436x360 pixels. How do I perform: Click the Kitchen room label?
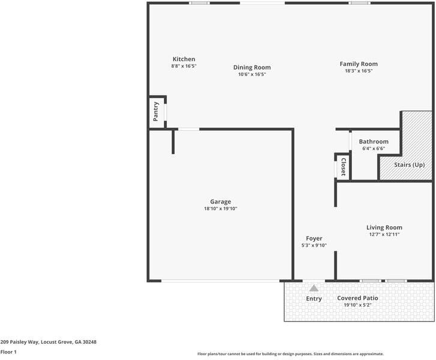(x=184, y=59)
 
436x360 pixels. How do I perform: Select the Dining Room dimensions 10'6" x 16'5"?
(x=252, y=74)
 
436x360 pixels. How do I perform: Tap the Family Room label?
(x=359, y=64)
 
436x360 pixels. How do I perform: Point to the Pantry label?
(x=156, y=112)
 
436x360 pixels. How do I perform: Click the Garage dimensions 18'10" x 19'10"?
(x=220, y=209)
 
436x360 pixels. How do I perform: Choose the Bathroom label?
(x=374, y=142)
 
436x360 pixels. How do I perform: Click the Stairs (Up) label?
(x=410, y=164)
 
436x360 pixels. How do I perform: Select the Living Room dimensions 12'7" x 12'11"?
(x=384, y=235)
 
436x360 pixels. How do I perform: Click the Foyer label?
(x=314, y=238)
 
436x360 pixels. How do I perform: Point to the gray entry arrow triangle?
(x=313, y=288)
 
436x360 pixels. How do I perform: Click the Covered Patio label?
(x=357, y=298)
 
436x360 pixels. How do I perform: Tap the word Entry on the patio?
(x=314, y=299)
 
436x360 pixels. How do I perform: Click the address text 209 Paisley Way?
(x=48, y=342)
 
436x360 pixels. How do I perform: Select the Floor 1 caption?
(x=8, y=352)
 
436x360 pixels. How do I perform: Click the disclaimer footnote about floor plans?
(x=290, y=354)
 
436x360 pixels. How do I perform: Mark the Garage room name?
(x=220, y=202)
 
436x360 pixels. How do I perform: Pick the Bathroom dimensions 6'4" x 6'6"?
(x=374, y=149)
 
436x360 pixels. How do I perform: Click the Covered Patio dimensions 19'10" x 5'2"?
(x=357, y=305)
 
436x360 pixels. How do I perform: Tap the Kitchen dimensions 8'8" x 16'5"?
(x=184, y=66)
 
